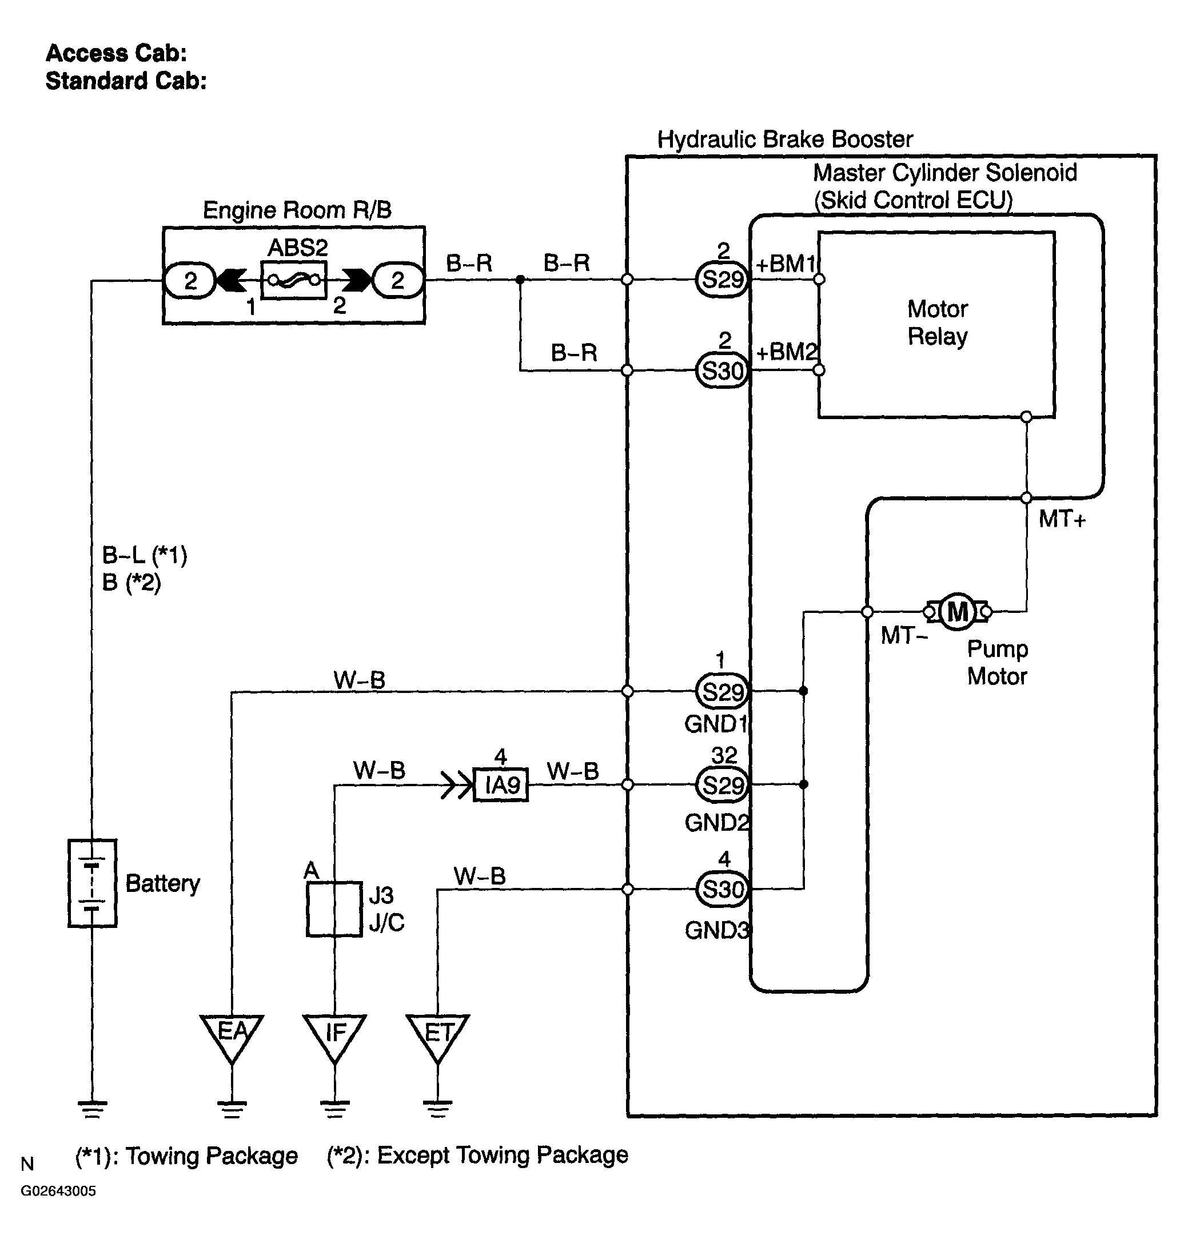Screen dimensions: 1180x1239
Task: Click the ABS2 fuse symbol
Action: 294,280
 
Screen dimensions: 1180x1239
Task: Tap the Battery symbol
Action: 93,882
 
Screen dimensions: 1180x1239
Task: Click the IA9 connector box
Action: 501,785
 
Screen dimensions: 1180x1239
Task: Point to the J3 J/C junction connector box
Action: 334,910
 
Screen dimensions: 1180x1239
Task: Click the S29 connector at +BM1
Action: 723,279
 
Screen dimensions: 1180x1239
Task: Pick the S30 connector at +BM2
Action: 723,370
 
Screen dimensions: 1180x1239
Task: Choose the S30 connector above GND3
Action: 723,889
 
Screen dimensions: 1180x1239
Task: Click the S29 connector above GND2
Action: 723,784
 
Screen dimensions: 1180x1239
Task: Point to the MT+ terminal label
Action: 1062,520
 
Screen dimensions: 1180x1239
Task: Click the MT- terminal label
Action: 904,636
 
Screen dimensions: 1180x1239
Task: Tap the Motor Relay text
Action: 937,322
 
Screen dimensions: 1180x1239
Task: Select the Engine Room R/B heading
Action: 297,210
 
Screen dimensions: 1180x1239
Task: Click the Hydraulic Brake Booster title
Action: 785,139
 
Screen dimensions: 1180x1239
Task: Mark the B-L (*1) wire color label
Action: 145,555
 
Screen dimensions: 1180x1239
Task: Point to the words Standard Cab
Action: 126,81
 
